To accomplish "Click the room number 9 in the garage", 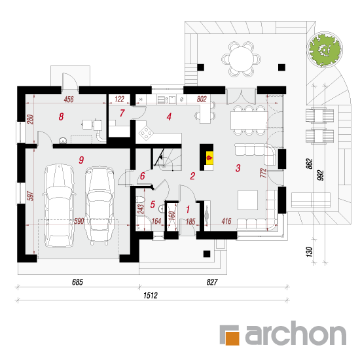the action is tap(81, 160).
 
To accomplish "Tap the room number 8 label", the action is tap(61, 117).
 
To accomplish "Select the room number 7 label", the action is tap(122, 113).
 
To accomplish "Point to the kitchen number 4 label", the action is tap(170, 117).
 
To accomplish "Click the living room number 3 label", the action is tap(238, 168).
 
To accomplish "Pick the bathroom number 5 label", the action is tap(153, 204).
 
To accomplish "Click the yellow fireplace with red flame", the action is tap(209, 158).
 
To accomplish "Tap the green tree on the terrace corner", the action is tap(325, 50).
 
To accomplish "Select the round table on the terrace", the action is tap(242, 59).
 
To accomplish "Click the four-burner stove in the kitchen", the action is tap(146, 133).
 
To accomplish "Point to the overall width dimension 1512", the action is tap(151, 295).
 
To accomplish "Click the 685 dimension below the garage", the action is tap(77, 282).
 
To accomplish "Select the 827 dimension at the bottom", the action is tap(212, 282).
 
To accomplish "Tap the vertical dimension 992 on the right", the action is tap(321, 175).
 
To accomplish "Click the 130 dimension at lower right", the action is tap(310, 252).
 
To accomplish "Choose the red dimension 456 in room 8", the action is tap(69, 99).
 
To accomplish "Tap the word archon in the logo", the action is tap(296, 333).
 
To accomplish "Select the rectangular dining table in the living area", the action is tap(249, 120).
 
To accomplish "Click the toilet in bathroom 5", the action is tap(141, 200).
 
